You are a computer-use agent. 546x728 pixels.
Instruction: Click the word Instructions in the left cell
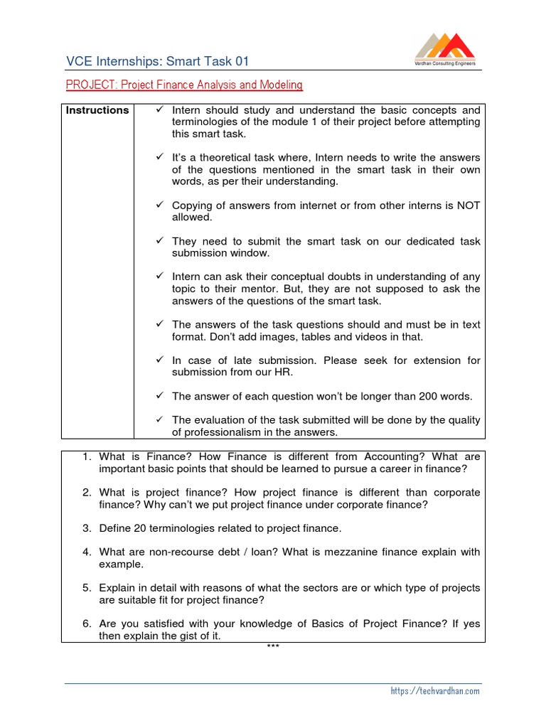tap(97, 110)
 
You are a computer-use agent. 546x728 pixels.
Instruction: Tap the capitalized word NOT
tap(468, 205)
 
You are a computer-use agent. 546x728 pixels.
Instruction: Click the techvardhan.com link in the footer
tap(435, 690)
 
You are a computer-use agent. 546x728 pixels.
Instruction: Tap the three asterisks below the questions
tap(273, 646)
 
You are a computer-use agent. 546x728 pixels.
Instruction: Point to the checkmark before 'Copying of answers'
tap(160, 205)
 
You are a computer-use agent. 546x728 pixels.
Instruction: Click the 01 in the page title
tap(242, 62)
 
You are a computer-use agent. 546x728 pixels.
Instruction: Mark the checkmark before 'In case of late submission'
tap(160, 360)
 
